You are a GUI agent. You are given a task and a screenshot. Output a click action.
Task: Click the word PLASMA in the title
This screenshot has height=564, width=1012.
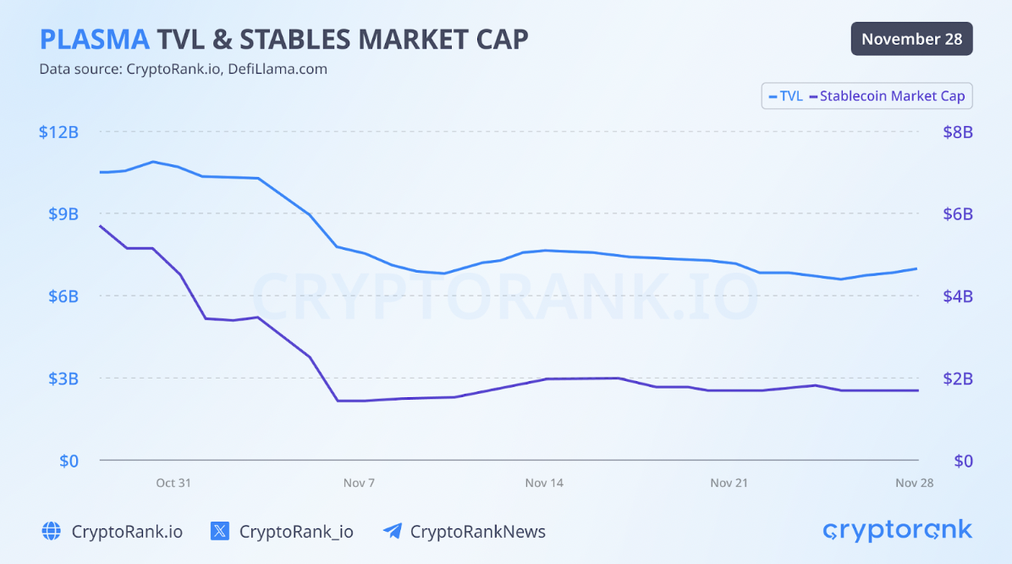click(95, 39)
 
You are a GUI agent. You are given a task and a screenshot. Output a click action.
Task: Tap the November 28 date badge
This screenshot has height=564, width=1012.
click(911, 39)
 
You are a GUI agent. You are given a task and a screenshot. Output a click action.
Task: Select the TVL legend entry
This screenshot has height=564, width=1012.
click(786, 97)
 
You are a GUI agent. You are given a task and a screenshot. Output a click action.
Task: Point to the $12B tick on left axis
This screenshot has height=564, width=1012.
click(58, 132)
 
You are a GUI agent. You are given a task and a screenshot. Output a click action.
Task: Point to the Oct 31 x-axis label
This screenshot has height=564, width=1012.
click(173, 483)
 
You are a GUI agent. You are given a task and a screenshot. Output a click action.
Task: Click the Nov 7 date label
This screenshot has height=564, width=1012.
click(359, 483)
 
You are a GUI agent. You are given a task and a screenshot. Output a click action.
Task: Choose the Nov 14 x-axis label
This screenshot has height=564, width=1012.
click(544, 483)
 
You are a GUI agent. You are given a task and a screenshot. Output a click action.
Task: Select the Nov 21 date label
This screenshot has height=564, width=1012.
click(729, 483)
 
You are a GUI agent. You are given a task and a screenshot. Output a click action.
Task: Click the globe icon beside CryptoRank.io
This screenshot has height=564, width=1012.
click(52, 532)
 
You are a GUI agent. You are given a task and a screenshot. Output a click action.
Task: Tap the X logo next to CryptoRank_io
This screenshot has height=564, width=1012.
click(220, 532)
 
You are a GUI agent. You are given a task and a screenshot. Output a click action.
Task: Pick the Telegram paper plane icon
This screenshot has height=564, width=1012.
click(392, 532)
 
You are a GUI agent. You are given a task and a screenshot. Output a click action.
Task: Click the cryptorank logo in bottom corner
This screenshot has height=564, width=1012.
click(897, 531)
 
